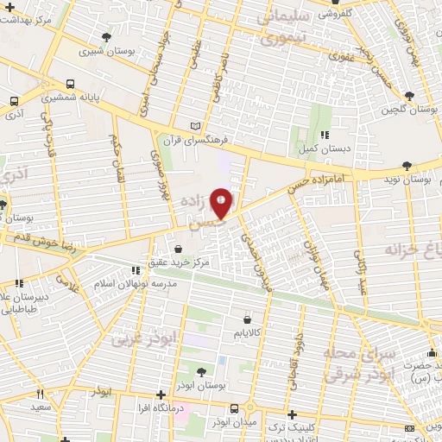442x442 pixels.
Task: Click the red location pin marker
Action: pos(222,203)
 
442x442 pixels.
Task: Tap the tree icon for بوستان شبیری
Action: pos(106,37)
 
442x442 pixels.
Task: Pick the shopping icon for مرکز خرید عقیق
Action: pos(178,250)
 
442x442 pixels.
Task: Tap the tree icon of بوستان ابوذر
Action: pos(201,373)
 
